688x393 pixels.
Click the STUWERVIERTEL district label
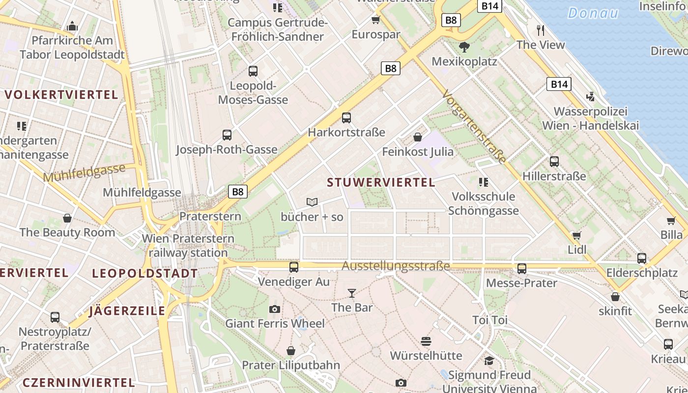[381, 183]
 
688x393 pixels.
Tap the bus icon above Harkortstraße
[346, 118]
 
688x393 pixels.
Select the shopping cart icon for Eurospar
[376, 20]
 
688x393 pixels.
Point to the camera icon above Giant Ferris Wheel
[275, 309]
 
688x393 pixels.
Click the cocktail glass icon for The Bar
[352, 293]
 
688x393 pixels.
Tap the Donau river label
[593, 13]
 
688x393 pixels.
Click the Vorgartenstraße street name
[474, 126]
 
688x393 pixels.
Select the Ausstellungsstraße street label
[396, 266]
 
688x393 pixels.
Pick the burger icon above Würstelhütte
[426, 341]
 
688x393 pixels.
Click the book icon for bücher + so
[312, 202]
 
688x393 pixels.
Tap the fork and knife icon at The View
[541, 30]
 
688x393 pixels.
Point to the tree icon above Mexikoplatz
[464, 47]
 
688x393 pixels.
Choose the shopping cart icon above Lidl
[577, 235]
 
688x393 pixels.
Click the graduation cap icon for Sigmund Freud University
[489, 361]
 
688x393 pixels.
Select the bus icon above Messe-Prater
[521, 269]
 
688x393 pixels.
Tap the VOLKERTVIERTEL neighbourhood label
[61, 95]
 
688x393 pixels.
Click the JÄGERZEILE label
[127, 311]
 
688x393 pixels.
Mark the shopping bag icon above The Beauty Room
[67, 218]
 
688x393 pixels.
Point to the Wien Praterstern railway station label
[188, 246]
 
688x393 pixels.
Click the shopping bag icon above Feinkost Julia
[418, 137]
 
